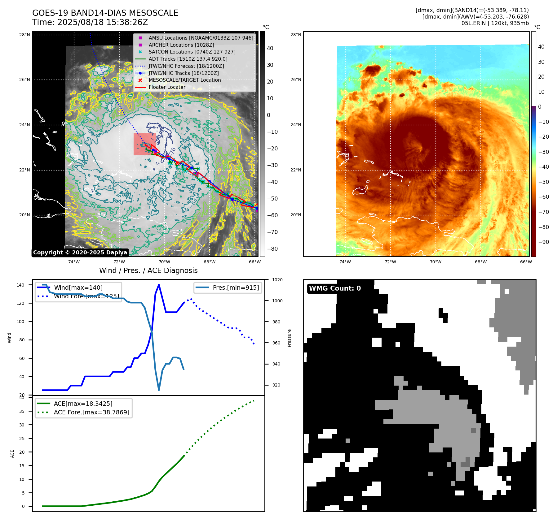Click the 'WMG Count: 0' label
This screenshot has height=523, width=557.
point(335,288)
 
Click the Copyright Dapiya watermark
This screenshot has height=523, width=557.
point(80,253)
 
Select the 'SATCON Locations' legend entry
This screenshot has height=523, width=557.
point(192,52)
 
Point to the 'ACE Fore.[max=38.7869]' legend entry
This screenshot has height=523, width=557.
point(91,412)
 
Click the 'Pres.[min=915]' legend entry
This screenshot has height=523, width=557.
point(236,287)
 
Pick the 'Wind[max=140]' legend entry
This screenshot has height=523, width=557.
point(78,287)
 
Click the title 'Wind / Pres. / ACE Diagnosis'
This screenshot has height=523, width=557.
point(148,270)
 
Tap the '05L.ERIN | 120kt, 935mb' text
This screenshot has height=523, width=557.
point(495,23)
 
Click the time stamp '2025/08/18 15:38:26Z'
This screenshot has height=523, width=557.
point(103,23)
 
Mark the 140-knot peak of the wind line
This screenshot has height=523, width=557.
point(159,285)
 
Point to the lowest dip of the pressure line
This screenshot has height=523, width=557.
point(159,390)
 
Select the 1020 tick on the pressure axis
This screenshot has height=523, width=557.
point(277,280)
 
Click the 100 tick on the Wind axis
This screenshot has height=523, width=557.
point(20,322)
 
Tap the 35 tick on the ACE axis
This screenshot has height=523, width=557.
point(22,411)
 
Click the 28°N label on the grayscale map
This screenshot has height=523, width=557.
point(24,35)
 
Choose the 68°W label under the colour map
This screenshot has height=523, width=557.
point(481,262)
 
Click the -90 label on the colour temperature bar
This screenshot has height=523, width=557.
point(543,242)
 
